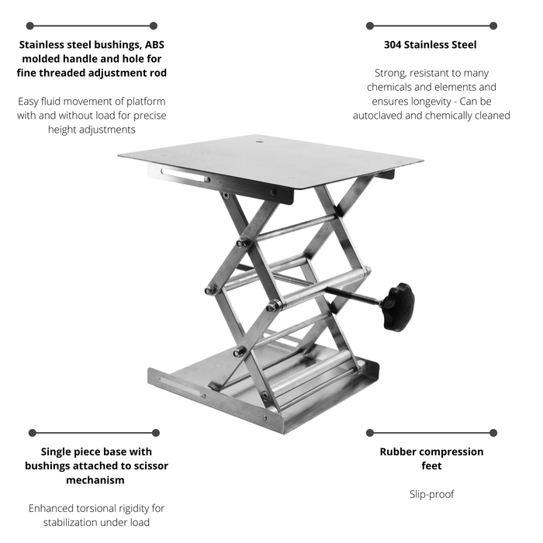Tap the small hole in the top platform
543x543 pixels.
pyautogui.click(x=259, y=141)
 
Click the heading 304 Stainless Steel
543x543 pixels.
pyautogui.click(x=430, y=45)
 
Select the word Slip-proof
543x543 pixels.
pyautogui.click(x=431, y=494)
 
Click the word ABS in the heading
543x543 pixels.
pyautogui.click(x=154, y=45)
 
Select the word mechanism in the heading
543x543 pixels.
pyautogui.click(x=95, y=480)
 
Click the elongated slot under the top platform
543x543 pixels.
pyautogui.click(x=183, y=175)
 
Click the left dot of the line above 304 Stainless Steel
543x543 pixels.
pyautogui.click(x=370, y=26)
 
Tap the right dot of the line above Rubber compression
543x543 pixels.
pyautogui.click(x=493, y=433)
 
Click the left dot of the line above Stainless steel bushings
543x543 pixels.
pyautogui.click(x=30, y=26)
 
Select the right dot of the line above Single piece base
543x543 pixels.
pyautogui.click(x=156, y=433)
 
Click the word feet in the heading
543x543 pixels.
pyautogui.click(x=431, y=465)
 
